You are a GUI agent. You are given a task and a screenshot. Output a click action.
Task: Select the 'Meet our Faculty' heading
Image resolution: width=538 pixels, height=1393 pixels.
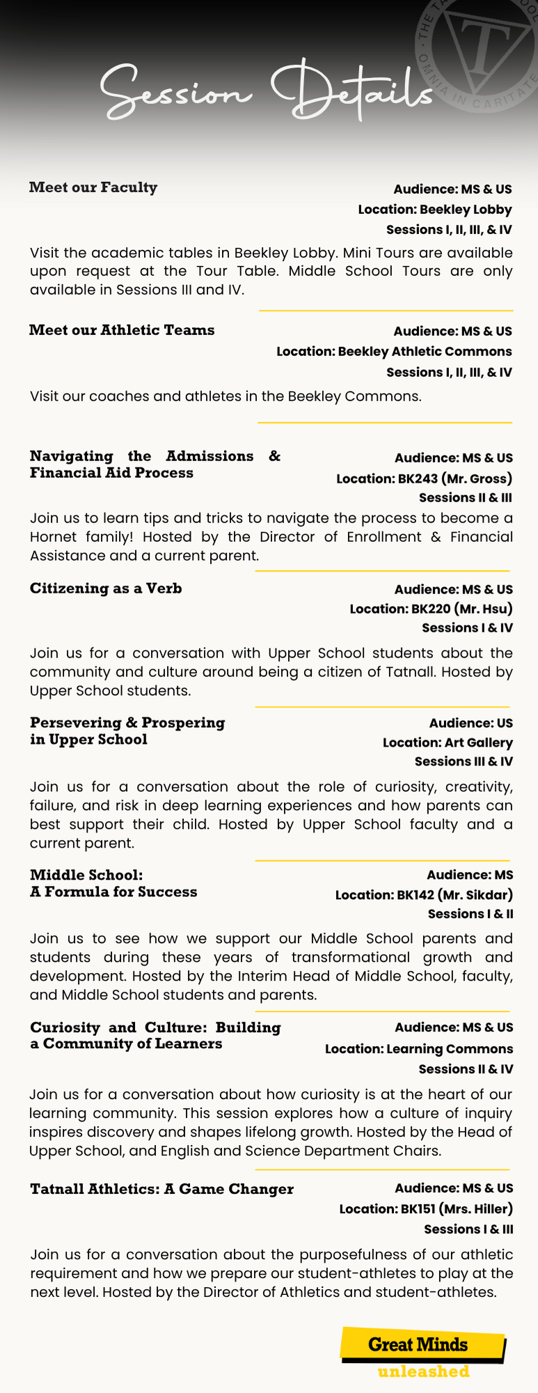93,187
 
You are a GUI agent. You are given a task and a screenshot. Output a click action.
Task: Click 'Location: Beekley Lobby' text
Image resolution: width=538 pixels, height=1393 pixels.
435,210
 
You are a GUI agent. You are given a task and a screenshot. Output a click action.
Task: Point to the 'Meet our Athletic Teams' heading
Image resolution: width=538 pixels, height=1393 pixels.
122,330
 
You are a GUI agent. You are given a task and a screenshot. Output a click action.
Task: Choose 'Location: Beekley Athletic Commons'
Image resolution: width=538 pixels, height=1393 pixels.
394,352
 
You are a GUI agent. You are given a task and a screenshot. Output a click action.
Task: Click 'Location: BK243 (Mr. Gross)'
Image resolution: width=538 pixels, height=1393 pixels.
424,478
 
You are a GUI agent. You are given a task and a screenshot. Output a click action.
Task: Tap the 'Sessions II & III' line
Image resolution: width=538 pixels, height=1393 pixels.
466,498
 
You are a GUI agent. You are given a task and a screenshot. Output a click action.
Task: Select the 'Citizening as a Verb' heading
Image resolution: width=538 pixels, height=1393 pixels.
106,589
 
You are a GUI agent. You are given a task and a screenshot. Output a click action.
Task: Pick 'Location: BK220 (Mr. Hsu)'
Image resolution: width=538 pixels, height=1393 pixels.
431,609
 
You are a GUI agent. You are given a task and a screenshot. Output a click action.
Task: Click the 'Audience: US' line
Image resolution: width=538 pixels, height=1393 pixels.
470,723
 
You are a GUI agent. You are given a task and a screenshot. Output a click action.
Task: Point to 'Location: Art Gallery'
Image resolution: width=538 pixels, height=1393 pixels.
448,743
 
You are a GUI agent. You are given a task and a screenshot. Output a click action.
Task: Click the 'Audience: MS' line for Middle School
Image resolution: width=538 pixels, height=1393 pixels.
470,875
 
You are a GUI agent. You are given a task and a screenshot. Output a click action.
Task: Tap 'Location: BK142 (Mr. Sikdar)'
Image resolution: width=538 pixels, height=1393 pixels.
424,895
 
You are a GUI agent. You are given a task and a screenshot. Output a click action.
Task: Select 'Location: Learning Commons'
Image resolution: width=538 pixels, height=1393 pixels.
419,1049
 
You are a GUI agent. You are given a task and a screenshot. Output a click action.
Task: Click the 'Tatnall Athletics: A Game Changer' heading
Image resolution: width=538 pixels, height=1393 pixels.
161,1189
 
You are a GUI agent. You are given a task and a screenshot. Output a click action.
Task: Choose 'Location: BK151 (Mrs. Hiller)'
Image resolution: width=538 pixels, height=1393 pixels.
426,1209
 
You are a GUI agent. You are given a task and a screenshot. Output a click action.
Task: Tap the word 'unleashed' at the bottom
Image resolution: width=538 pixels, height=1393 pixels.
423,1371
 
